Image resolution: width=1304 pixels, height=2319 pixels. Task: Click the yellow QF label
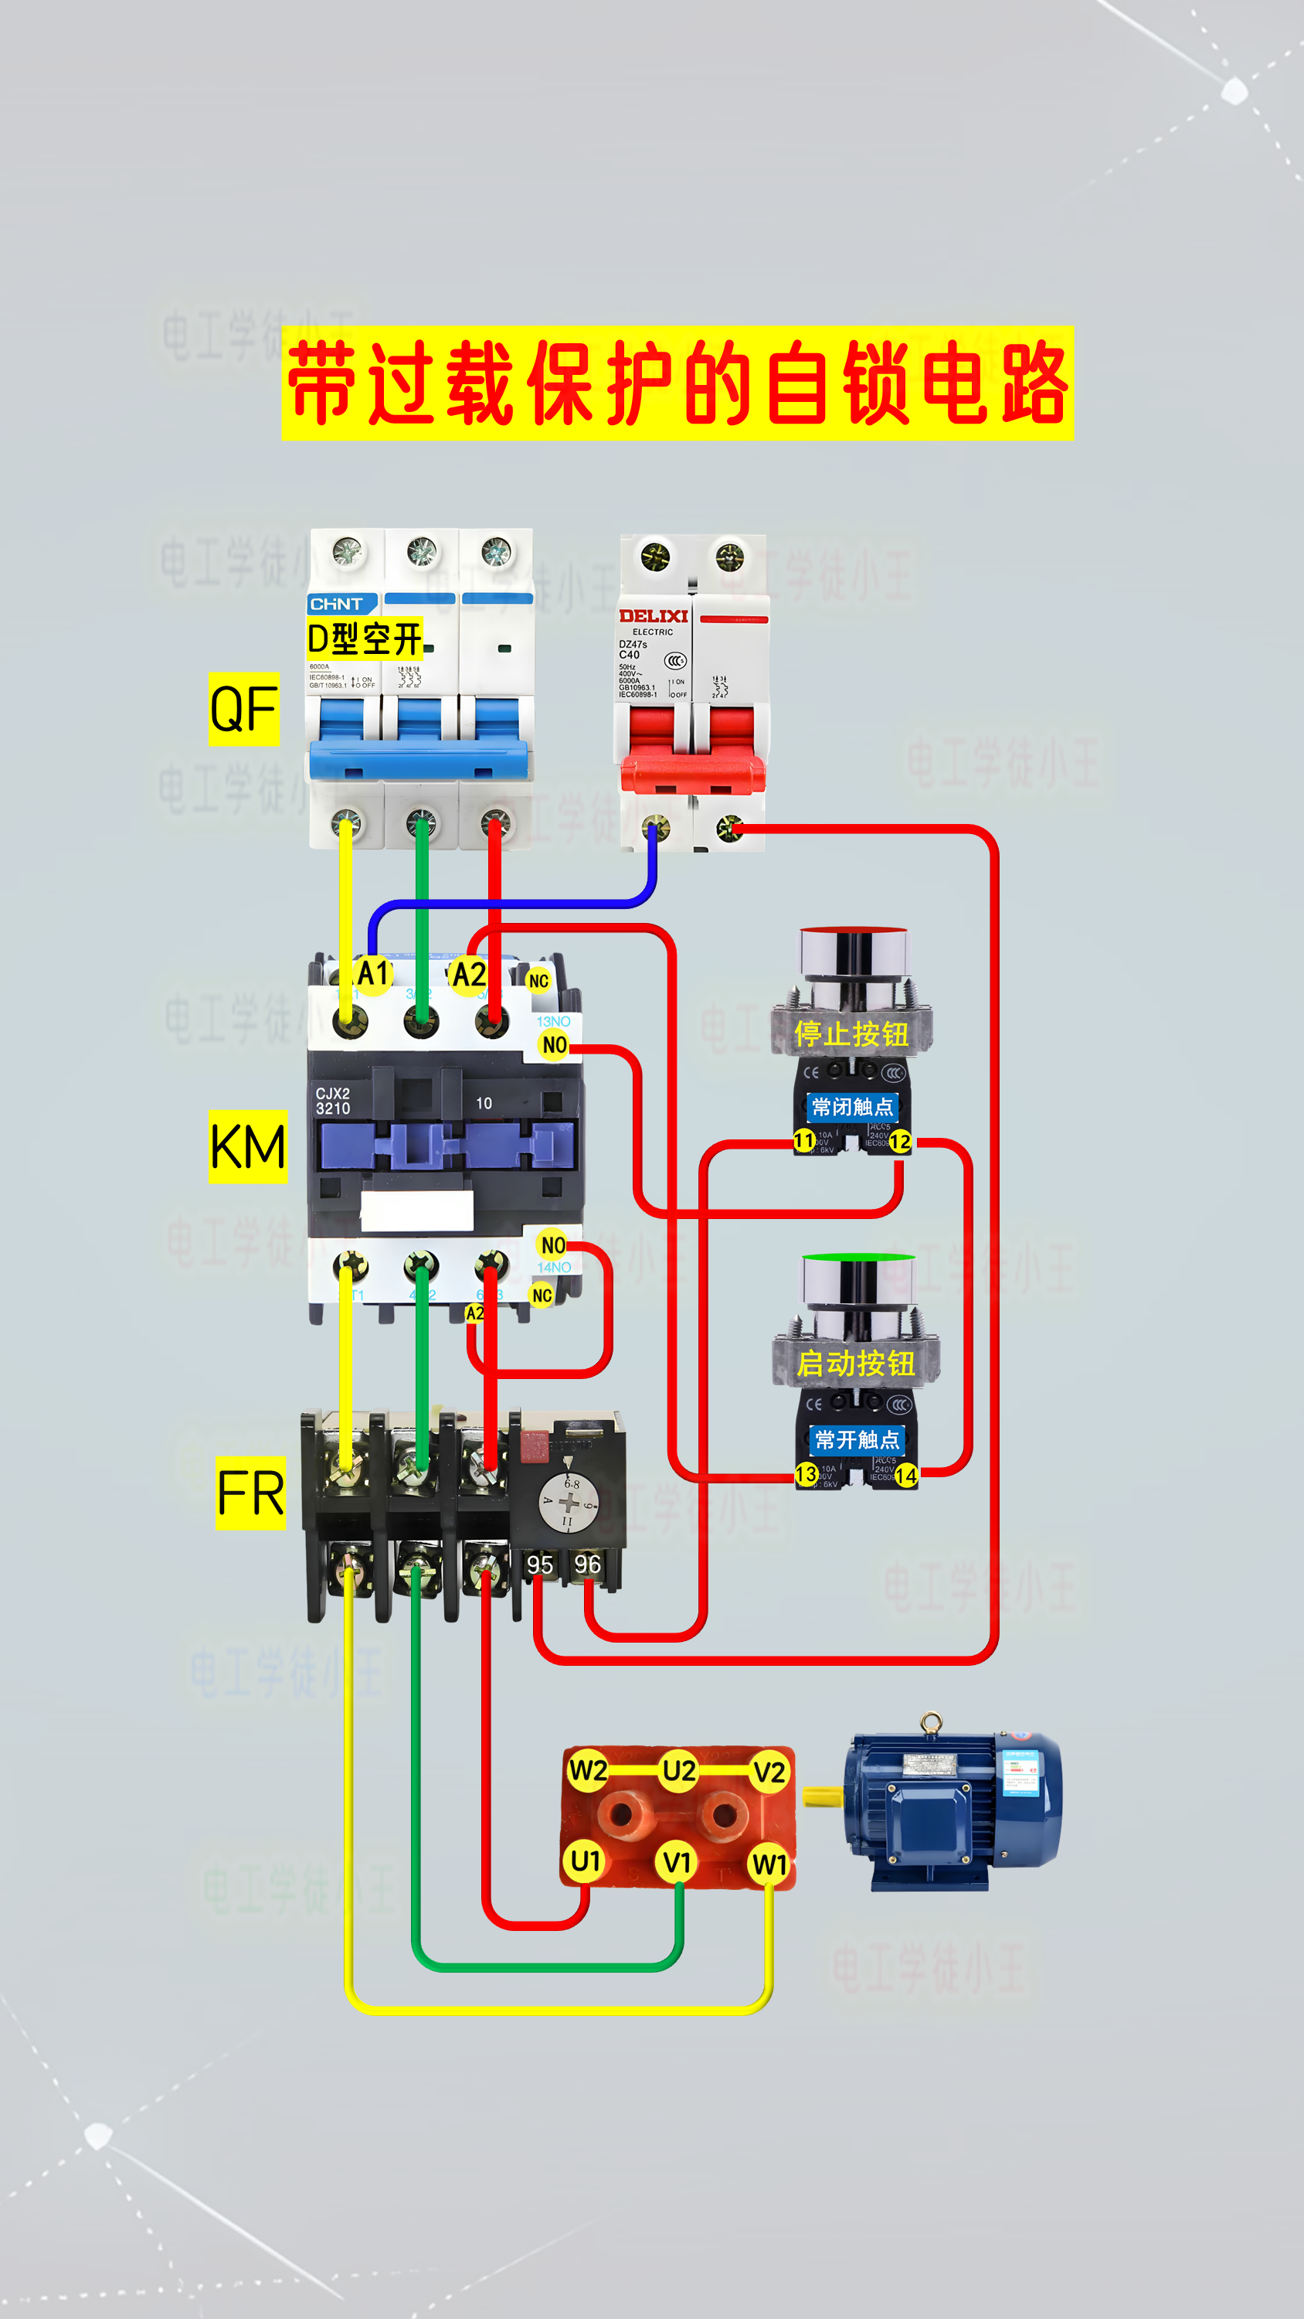click(244, 709)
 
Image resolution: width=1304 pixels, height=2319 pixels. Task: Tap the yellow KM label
click(247, 1146)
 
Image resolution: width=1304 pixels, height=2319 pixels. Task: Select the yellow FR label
click(250, 1493)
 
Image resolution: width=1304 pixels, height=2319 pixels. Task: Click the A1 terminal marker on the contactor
click(372, 973)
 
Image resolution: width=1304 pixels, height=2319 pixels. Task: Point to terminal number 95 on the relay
click(540, 1565)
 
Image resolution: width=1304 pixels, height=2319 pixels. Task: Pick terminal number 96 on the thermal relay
click(588, 1564)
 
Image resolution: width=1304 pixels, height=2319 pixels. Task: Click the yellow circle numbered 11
click(803, 1142)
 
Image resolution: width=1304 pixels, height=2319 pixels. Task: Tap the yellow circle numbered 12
click(900, 1142)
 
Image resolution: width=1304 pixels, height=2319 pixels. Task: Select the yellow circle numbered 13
click(807, 1473)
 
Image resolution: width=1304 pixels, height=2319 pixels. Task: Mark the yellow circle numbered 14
click(905, 1476)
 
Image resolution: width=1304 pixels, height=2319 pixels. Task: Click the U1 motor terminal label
click(586, 1861)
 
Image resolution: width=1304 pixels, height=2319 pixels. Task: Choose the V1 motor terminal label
click(677, 1861)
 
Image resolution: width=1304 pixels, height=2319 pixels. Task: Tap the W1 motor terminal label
click(769, 1864)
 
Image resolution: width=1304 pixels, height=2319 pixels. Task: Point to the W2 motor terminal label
click(588, 1771)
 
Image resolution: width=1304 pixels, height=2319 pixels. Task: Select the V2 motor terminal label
click(769, 1772)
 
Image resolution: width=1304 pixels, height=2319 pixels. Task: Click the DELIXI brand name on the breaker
click(654, 616)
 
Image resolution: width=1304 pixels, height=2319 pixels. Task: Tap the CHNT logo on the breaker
click(338, 604)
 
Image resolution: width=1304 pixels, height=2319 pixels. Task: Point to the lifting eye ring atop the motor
click(932, 1722)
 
